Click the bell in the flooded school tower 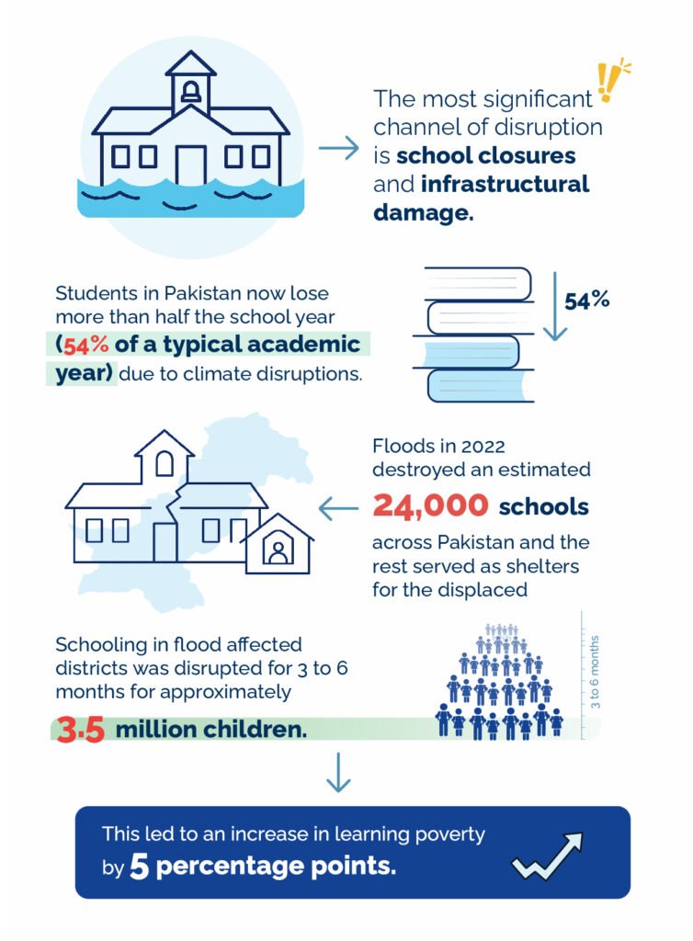[x=191, y=91]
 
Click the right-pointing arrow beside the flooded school [x=337, y=148]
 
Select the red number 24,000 [x=429, y=505]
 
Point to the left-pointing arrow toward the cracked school [x=337, y=506]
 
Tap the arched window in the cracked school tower [x=165, y=464]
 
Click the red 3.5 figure [x=81, y=730]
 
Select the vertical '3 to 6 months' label [x=595, y=671]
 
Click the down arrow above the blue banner [x=339, y=773]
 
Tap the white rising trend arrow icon [x=549, y=856]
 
